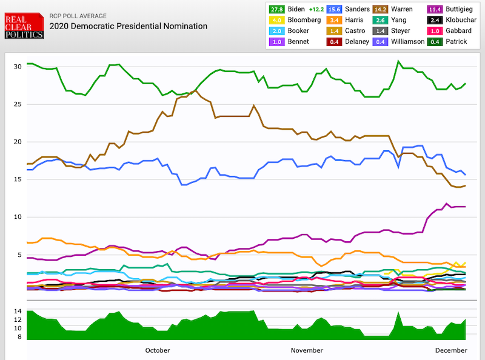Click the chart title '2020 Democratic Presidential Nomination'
tap(128, 27)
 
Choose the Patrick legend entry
tap(445, 42)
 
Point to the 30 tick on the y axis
tap(18, 66)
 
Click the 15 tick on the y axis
tap(18, 179)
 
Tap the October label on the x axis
tap(158, 350)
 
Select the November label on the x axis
tap(307, 350)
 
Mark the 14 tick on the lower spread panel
tap(18, 312)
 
